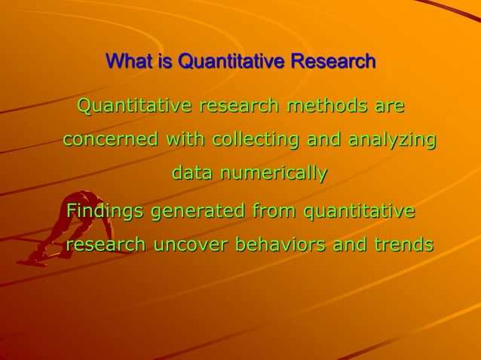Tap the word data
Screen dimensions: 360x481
point(193,173)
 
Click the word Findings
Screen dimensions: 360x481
point(106,212)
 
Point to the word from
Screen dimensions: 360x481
point(274,211)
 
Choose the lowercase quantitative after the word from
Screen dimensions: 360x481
point(359,212)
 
